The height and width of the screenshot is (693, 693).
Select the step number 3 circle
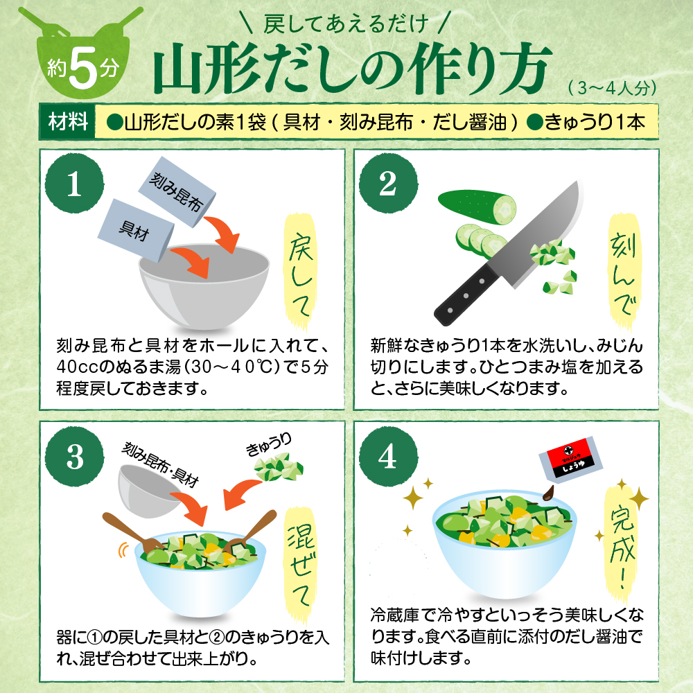(75, 455)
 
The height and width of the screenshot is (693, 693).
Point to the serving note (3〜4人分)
(610, 89)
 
